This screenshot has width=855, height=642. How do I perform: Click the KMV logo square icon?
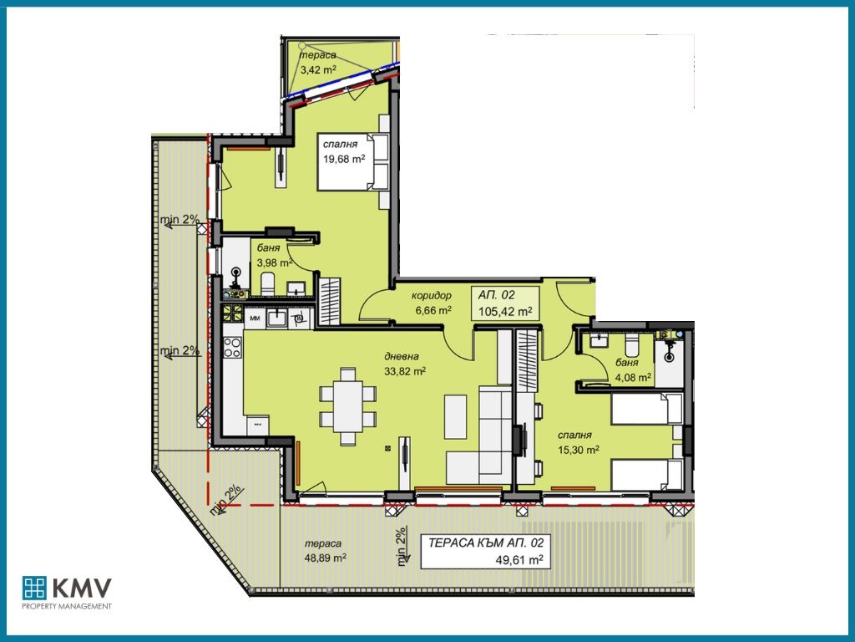coord(34,588)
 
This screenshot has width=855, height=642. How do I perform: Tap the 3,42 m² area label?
coord(318,69)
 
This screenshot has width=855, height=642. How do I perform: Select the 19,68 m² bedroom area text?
coord(344,159)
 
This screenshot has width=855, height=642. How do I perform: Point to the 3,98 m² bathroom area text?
coord(274,262)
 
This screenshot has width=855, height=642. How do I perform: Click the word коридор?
coord(432,295)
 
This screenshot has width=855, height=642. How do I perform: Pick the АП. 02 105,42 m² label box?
coord(505,303)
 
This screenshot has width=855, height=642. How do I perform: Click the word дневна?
coord(402,356)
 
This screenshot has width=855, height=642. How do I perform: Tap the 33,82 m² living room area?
coord(405,371)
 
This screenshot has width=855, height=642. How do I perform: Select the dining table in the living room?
coord(347,406)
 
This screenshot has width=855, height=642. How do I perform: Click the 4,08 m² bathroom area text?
coord(633,377)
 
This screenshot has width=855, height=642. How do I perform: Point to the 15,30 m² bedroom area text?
coord(579,449)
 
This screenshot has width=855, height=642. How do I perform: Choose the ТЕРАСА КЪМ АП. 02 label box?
coord(485,551)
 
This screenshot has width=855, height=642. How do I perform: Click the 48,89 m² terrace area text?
coord(326,558)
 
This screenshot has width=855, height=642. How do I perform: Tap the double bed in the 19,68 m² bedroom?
coord(353,161)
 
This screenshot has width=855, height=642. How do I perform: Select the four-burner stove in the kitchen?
coord(232,347)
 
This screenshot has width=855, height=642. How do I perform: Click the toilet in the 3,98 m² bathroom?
coord(267,284)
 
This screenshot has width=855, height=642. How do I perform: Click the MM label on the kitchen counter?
coord(254,318)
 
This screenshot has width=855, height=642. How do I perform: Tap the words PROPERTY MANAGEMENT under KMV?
coord(67,606)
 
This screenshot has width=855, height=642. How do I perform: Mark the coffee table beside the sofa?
coord(455,417)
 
